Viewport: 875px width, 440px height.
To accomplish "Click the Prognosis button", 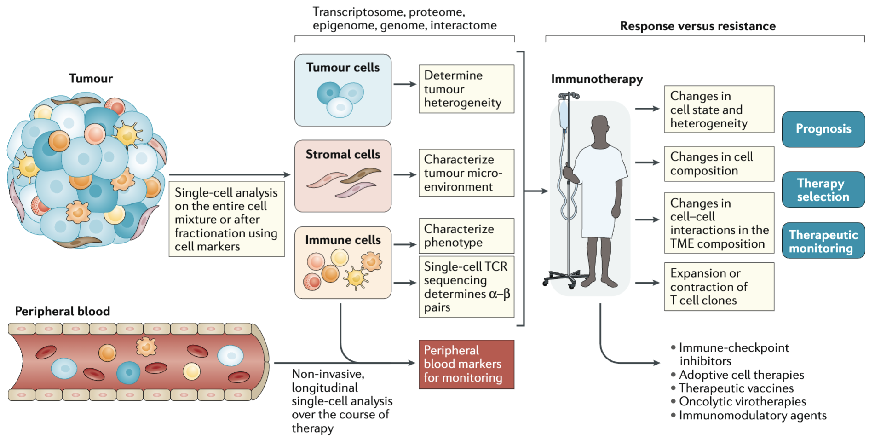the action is [x=823, y=129].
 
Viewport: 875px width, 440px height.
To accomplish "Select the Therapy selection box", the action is [x=823, y=190].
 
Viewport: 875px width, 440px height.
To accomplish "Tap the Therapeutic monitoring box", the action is [x=823, y=241].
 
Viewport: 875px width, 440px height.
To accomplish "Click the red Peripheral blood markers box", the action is [x=466, y=364].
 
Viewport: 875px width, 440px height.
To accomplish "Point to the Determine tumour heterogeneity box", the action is [x=466, y=89].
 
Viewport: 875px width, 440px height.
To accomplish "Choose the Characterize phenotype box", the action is [x=466, y=236].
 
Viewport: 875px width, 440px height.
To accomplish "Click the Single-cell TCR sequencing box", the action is [x=466, y=287].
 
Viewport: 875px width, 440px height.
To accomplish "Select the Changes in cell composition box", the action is [x=719, y=164].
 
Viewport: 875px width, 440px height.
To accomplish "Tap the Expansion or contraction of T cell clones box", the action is [x=719, y=287].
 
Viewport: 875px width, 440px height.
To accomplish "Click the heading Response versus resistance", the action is [x=698, y=26].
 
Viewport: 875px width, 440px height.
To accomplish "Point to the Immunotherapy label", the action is [x=597, y=79].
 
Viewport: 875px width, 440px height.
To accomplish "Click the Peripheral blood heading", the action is [x=63, y=311].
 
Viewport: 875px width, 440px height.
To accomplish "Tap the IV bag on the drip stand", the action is [x=564, y=115].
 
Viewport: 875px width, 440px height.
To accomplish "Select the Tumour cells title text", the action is [x=343, y=68].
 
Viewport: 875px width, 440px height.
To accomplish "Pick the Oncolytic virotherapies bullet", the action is [x=739, y=402].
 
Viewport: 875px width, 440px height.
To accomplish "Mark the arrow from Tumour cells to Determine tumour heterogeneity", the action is [x=405, y=84].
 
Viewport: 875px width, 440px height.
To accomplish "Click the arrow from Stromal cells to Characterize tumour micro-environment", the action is [x=405, y=175].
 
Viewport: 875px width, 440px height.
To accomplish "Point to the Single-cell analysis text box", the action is [x=226, y=219].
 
